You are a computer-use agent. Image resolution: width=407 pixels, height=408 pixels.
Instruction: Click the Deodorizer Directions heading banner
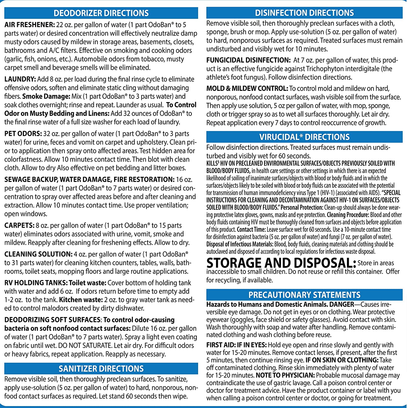101,13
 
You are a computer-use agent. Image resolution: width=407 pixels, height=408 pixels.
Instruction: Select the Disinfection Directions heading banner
304,13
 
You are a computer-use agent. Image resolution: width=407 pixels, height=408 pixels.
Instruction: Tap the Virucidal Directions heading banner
304,137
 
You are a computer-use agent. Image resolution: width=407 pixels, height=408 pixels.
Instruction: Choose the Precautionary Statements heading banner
304,295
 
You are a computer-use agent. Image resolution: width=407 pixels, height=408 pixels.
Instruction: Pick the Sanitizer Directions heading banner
101,369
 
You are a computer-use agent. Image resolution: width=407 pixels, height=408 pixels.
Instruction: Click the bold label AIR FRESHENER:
30,25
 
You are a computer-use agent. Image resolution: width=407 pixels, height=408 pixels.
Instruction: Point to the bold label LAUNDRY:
20,79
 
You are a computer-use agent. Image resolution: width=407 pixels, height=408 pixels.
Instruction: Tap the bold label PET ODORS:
23,134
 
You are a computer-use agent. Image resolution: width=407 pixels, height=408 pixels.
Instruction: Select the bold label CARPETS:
19,225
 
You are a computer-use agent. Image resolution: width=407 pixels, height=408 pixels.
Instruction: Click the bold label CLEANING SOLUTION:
38,254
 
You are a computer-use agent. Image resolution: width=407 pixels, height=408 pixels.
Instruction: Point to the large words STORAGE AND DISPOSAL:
281,263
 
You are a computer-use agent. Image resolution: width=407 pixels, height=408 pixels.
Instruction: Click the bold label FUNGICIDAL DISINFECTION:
248,60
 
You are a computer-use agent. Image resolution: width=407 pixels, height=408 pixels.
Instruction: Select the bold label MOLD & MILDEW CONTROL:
247,88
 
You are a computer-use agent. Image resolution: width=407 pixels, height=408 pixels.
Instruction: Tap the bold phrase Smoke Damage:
46,96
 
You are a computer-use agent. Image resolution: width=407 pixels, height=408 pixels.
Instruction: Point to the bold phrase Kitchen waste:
81,300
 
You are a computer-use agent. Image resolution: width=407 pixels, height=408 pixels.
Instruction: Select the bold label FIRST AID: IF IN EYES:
236,345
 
